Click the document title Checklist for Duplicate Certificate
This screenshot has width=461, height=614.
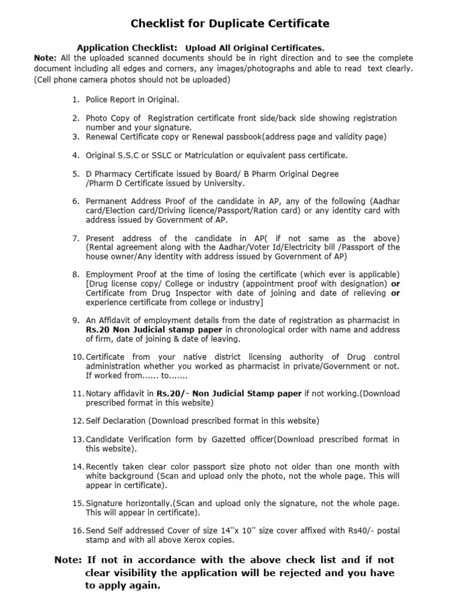(230, 24)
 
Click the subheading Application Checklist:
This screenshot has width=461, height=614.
(127, 47)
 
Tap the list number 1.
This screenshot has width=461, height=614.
(76, 100)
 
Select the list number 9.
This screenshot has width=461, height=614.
(76, 320)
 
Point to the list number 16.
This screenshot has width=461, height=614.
(78, 531)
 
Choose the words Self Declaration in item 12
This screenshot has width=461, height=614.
(116, 420)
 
